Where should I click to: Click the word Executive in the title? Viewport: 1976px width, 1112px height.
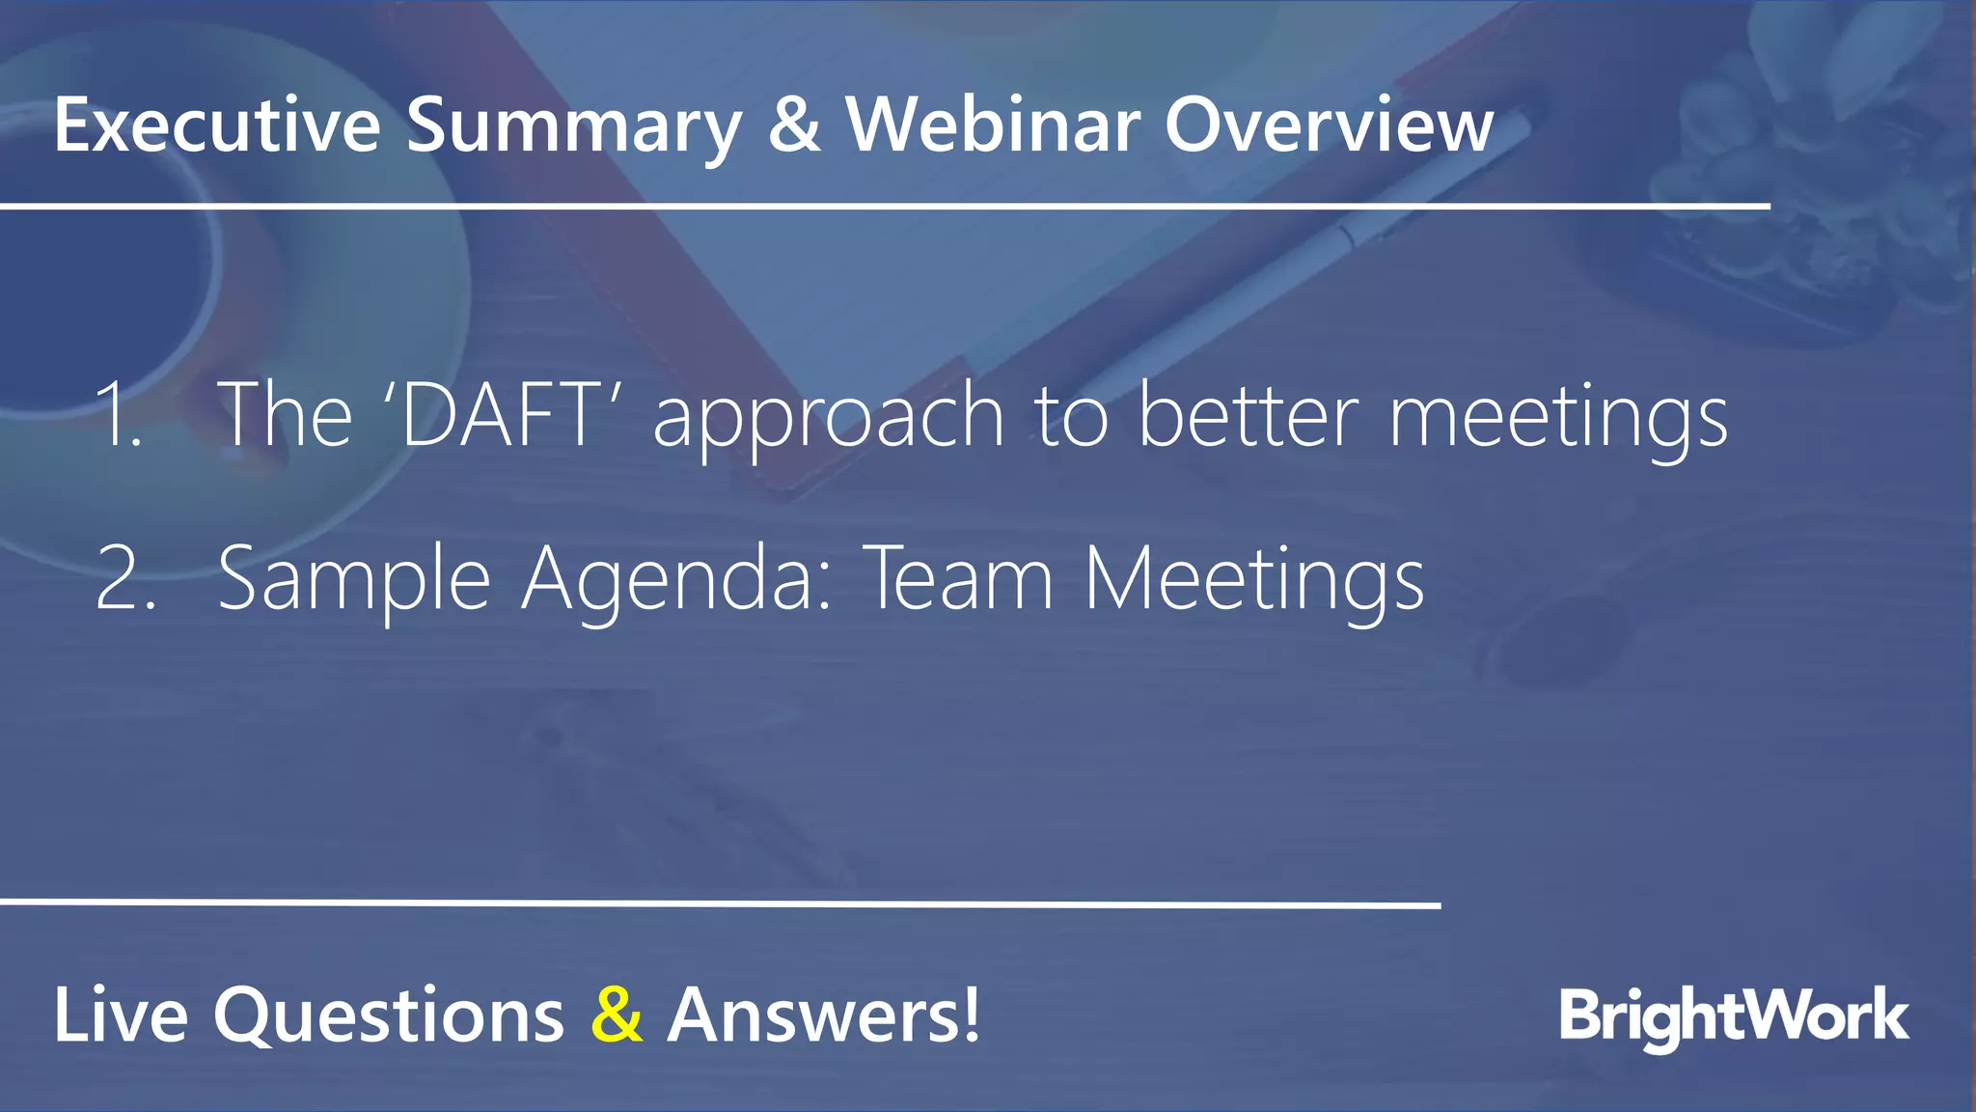[x=217, y=125]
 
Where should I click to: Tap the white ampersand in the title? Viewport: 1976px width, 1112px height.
[x=794, y=125]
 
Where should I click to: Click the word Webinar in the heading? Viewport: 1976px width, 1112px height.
[x=993, y=125]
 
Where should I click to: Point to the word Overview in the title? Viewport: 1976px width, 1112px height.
[x=1329, y=125]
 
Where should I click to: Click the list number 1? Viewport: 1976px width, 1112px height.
[x=120, y=415]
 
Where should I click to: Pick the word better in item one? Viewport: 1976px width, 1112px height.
[x=1249, y=415]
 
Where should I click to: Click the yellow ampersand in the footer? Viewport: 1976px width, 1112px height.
[x=617, y=1015]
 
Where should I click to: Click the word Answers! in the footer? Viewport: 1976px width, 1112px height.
[x=823, y=1015]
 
